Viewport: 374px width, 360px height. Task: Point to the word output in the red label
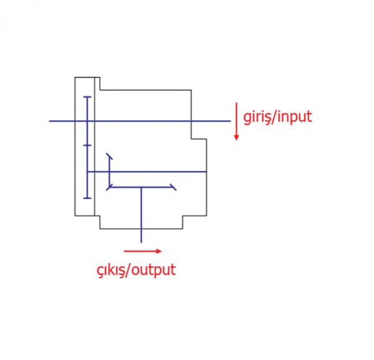[x=152, y=270]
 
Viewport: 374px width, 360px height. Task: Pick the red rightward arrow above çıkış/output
[x=143, y=251]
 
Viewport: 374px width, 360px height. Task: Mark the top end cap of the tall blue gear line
[x=87, y=97]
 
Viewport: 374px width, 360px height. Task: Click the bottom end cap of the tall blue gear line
[x=87, y=198]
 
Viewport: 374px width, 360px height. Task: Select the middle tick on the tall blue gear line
[x=87, y=145]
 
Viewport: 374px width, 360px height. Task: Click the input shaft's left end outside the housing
[x=50, y=120]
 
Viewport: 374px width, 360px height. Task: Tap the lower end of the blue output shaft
[x=141, y=241]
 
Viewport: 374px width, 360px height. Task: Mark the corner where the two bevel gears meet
[x=110, y=186]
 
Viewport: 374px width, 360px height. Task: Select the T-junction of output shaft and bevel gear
[x=141, y=186]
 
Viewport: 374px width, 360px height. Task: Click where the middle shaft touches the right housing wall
[x=206, y=171]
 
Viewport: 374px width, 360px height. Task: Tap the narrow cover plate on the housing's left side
[x=97, y=146]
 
